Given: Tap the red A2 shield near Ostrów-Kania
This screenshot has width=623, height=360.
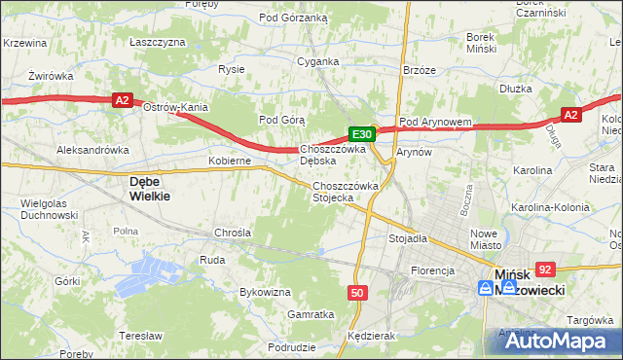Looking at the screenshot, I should (121, 99).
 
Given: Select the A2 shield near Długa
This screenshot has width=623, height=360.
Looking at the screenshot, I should (571, 115).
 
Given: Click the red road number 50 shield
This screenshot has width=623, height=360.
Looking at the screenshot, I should (357, 292).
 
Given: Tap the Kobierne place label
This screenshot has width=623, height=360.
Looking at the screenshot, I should (231, 161).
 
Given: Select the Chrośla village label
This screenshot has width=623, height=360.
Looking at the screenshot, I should (233, 234).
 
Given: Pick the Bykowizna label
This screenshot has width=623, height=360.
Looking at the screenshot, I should (266, 292).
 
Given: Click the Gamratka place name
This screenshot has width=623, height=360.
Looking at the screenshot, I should (311, 314).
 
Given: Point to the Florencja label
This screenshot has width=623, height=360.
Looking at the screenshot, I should (433, 270).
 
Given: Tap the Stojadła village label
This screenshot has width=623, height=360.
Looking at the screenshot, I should (409, 237).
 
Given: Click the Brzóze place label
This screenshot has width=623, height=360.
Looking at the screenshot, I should (419, 70).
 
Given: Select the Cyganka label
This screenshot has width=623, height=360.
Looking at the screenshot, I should (318, 61).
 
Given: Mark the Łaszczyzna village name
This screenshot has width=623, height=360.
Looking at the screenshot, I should (157, 43).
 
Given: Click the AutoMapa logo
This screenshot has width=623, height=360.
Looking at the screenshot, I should (551, 341).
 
